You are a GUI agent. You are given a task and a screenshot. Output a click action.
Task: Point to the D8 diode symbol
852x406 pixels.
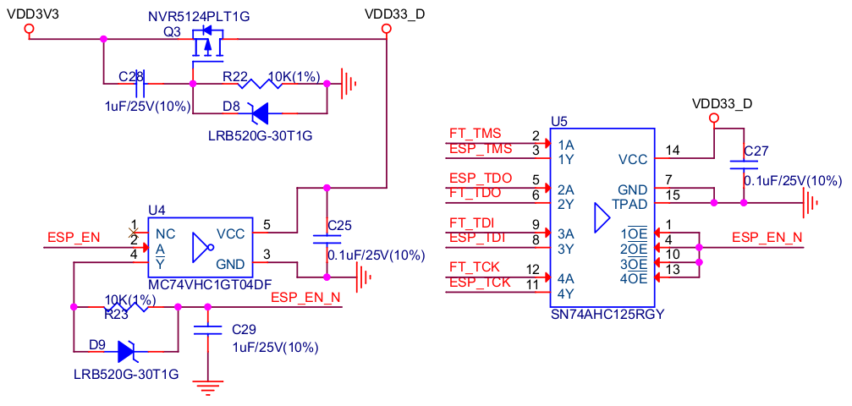pyautogui.click(x=256, y=112)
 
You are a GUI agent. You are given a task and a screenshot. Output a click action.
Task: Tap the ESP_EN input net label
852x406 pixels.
pyautogui.click(x=73, y=237)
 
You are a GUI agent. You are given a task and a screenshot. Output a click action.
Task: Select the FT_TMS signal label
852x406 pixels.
pyautogui.click(x=475, y=134)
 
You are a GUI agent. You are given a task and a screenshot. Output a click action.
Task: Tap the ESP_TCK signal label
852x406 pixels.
pyautogui.click(x=480, y=283)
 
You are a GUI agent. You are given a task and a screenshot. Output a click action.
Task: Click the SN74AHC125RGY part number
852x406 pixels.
pyautogui.click(x=607, y=315)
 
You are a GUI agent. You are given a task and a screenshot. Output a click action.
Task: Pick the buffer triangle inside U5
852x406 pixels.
pyautogui.click(x=602, y=220)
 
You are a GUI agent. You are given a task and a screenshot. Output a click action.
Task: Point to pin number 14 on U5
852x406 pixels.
pyautogui.click(x=672, y=151)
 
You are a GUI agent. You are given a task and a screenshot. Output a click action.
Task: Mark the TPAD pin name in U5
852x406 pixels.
pyautogui.click(x=629, y=204)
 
